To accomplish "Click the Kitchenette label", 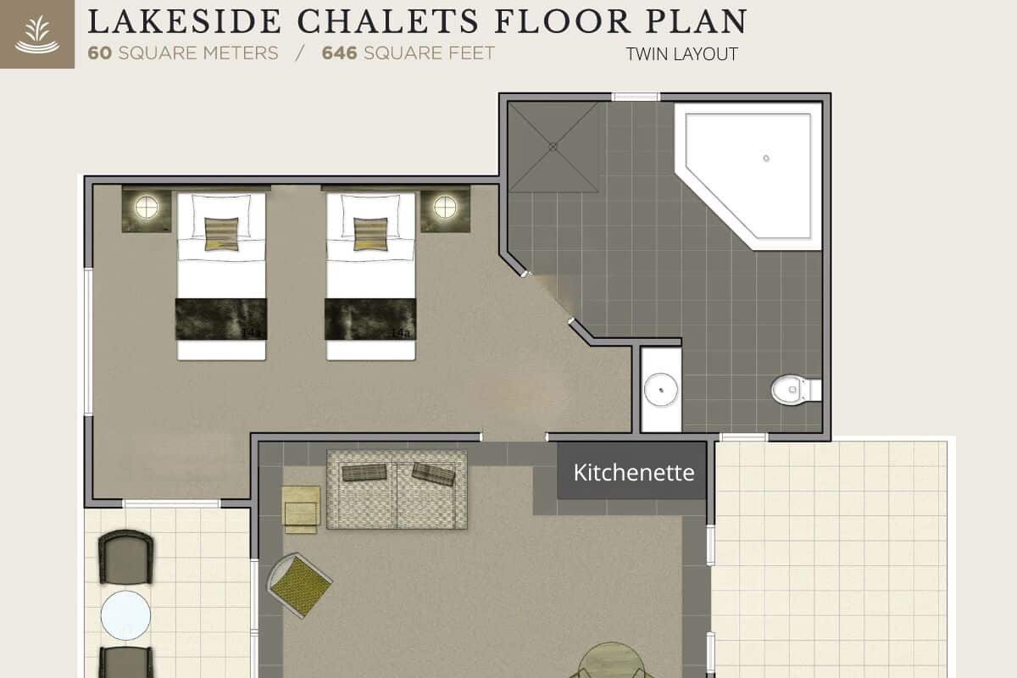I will (633, 472).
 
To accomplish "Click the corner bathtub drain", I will (766, 158).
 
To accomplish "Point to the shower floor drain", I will (553, 147).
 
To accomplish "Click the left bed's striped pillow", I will (221, 234).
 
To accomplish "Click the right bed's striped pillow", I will (370, 234).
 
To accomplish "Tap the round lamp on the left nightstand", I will (147, 207).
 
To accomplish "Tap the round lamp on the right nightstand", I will (445, 207).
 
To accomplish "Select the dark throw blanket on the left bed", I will (221, 319).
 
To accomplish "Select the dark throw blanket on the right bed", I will (370, 319).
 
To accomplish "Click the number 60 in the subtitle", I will (100, 53).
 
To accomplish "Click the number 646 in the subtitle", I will (339, 53).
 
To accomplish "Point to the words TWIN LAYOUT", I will (681, 55).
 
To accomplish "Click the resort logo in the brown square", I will (36, 35).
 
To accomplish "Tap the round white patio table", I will (125, 615).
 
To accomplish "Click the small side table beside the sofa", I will (301, 509).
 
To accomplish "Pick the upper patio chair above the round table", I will (125, 557).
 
